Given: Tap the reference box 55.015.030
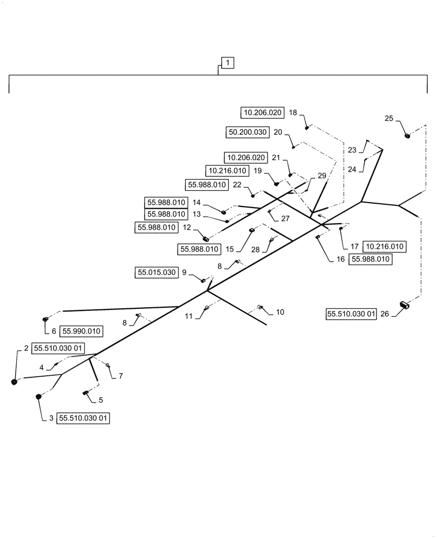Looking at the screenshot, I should point(156,273).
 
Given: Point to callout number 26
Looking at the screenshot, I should point(385,314).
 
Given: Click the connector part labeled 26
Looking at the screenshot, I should point(405,305).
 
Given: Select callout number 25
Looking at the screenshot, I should point(389,118).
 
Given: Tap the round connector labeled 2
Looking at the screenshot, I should point(15,382).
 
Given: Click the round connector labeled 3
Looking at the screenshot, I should point(39,397).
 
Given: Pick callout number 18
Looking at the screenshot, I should point(293,113).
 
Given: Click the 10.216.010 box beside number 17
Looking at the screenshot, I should point(385,246).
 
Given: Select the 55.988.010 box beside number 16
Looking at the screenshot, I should point(371,259).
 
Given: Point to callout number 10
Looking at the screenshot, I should point(280,312).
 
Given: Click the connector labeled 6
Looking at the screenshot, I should point(46,322).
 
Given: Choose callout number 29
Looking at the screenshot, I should point(322,176).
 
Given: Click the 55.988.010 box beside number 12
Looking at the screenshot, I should point(156,228).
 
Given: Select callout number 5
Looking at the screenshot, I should point(100,400).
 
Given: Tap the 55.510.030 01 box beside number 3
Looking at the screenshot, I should point(84,418).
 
